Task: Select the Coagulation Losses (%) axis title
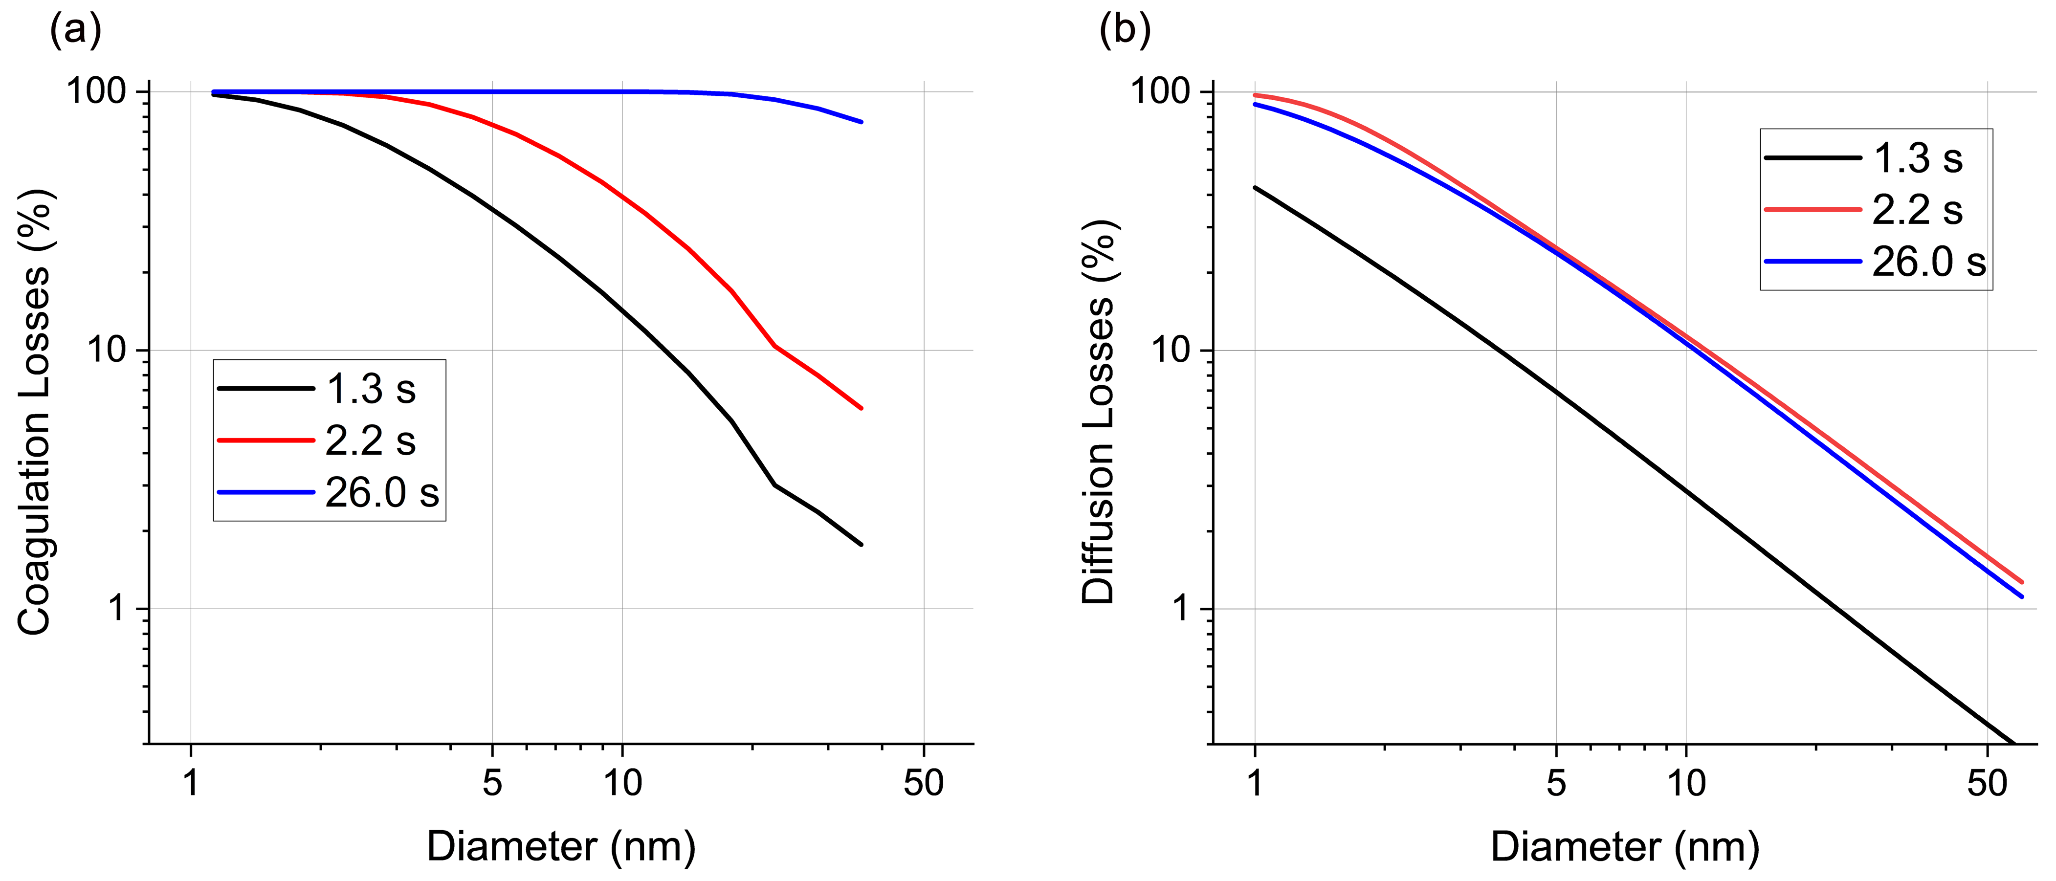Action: pos(34,413)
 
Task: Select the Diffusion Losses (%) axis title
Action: pos(1098,413)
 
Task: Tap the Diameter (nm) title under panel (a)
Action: pos(561,846)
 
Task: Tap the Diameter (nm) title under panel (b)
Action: pos(1625,846)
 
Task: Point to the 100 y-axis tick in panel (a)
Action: pos(97,92)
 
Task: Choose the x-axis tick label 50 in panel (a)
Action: pos(924,783)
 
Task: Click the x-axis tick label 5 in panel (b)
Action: pos(1556,783)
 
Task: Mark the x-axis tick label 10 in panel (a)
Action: pos(622,783)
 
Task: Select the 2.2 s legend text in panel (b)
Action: pos(1917,210)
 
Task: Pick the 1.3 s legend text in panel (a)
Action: pos(371,390)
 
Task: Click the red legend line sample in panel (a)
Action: pos(266,440)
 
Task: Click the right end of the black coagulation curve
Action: pos(861,545)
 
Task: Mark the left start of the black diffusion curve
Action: pos(1256,188)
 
